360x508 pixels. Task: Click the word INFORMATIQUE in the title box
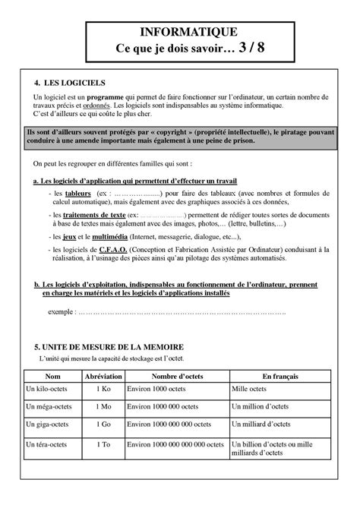tap(180, 31)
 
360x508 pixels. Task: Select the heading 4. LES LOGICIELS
tap(70, 81)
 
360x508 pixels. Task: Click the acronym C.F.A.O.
tap(109, 249)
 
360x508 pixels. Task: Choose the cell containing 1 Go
tap(105, 424)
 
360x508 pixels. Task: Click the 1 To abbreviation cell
tap(105, 442)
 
